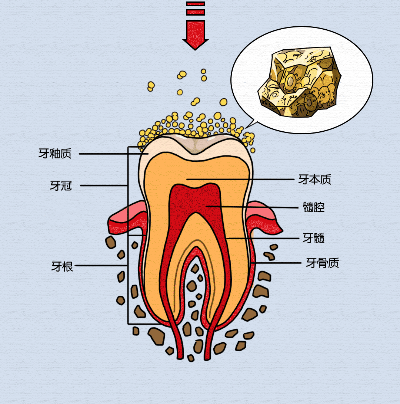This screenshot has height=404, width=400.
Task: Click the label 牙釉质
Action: [x=55, y=153]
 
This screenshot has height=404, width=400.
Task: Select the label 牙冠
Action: [x=61, y=185]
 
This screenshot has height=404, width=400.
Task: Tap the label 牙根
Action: [x=62, y=266]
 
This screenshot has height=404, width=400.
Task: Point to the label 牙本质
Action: [x=315, y=180]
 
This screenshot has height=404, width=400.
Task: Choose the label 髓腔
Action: [x=313, y=207]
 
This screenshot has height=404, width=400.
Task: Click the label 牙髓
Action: [x=313, y=238]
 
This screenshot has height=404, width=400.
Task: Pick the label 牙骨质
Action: [x=322, y=263]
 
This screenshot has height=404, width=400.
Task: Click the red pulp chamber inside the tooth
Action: [x=196, y=200]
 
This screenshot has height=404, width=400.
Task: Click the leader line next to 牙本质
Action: [x=241, y=180]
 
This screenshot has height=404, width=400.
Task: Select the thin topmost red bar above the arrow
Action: [x=195, y=4]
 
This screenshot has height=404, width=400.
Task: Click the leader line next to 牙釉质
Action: [x=111, y=153]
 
